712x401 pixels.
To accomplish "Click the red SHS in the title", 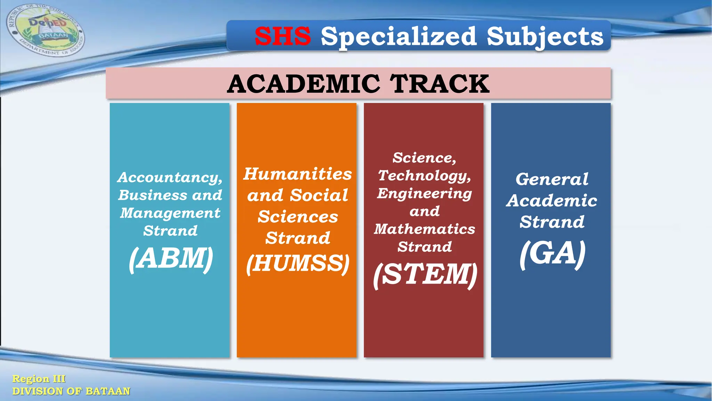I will coord(283,36).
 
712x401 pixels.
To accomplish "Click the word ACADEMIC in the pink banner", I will coord(304,84).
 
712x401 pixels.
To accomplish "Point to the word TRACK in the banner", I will coord(439,84).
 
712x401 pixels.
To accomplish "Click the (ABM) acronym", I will coord(171,258).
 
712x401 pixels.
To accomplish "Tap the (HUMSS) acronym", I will coord(298,263).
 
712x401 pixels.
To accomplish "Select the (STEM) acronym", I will coord(425,275).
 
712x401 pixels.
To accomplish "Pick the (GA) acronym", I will coord(552,254).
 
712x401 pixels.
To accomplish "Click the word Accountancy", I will coord(170,178).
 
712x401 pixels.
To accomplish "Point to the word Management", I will coord(170,213).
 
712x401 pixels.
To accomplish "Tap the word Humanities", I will coord(297,174).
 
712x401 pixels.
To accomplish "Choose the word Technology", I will coord(424,176).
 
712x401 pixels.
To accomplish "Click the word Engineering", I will coord(424,194).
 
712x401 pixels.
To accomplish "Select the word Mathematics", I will coord(424,229).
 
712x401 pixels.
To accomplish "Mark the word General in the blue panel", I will coord(552,179).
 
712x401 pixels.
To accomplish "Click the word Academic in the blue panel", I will coord(552,201).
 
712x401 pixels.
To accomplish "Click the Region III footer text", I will coord(39,379).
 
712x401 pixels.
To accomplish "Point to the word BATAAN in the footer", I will coord(108,391).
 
